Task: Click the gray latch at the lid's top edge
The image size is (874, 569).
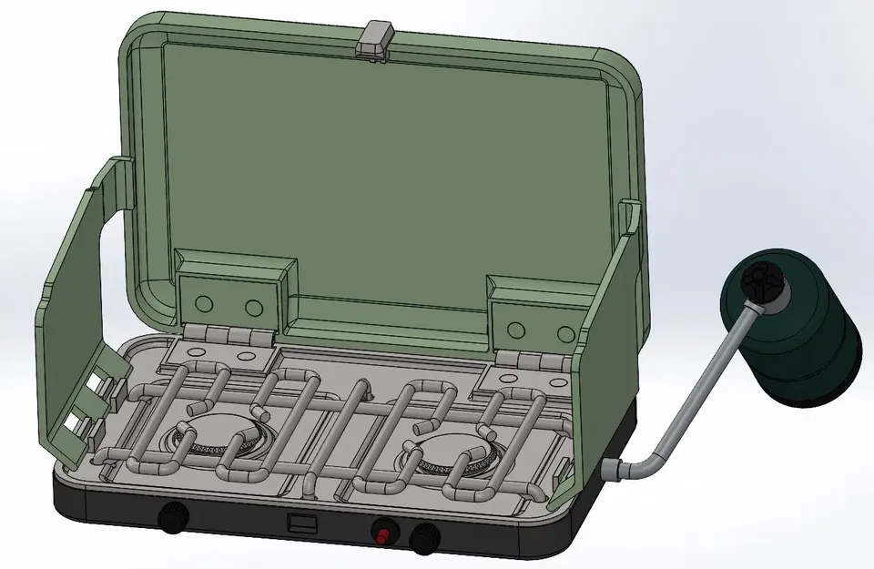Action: (x=376, y=39)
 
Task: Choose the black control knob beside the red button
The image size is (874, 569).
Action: (x=423, y=538)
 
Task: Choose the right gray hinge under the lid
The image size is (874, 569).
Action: (x=534, y=361)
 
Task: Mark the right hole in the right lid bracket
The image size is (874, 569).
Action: (x=567, y=331)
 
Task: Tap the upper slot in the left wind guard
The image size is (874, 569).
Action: (x=95, y=381)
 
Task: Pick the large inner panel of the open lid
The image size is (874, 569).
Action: (x=382, y=173)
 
